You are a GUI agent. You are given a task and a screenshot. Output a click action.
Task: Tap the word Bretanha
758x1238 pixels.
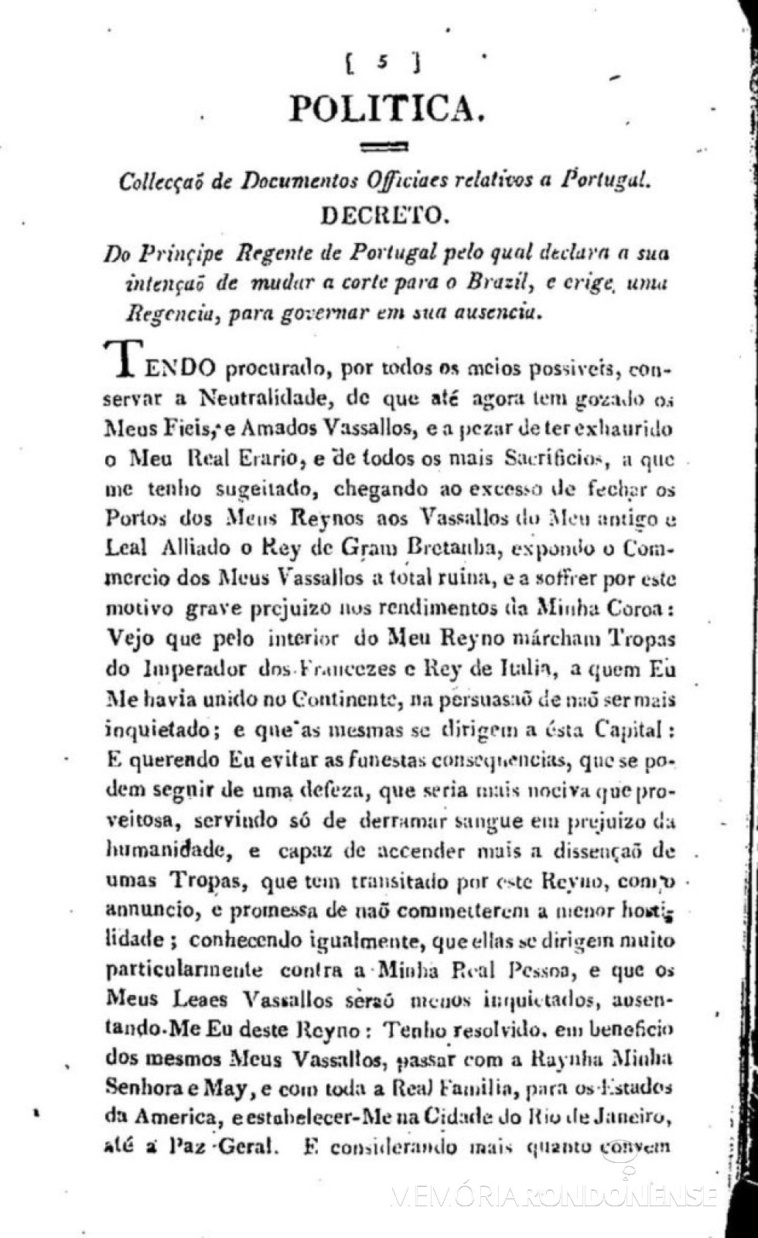coord(464,549)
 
